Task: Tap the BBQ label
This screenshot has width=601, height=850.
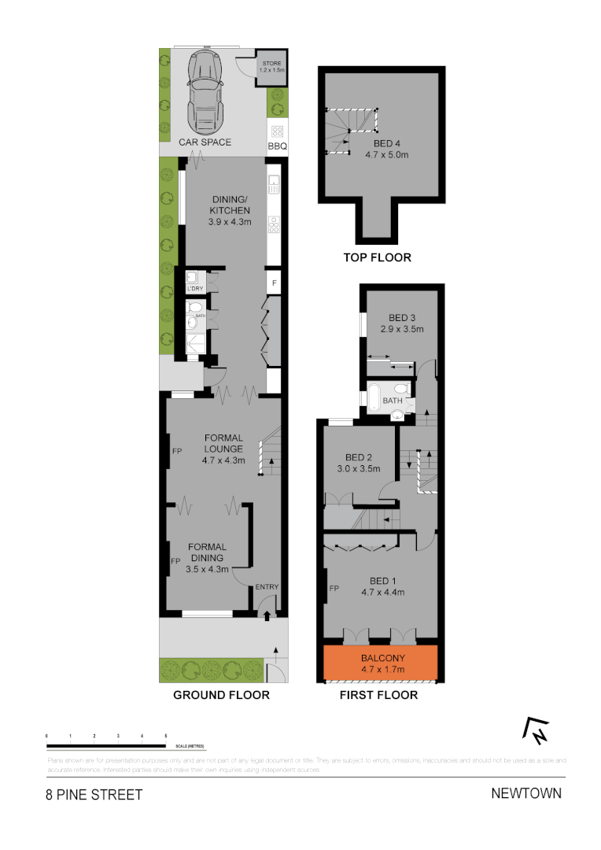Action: point(278,146)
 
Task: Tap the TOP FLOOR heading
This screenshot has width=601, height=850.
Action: point(377,257)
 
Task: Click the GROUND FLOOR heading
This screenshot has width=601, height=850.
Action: point(221,695)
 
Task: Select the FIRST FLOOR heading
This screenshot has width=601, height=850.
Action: point(378,695)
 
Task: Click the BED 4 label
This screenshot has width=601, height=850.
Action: point(386,143)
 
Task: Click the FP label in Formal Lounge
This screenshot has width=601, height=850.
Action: point(177,452)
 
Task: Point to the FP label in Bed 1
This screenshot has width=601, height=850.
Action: point(334,588)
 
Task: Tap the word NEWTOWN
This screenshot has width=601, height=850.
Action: point(526,793)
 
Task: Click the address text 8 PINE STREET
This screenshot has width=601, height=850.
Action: point(94,795)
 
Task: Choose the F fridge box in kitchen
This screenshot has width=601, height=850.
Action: point(275,282)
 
